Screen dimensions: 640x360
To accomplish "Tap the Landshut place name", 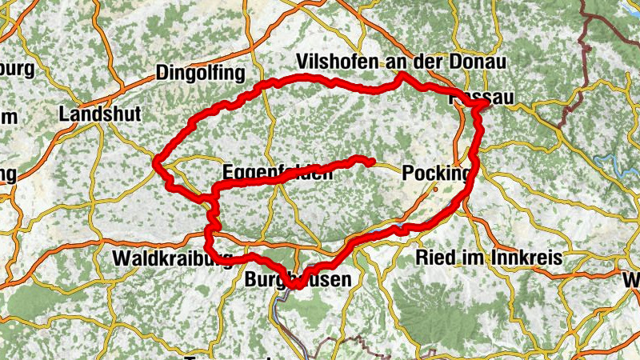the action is tap(100, 114).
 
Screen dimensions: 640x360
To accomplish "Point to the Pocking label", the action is tap(437, 173).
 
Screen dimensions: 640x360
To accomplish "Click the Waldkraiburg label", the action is tap(173, 258).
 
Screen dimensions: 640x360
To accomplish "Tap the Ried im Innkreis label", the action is tap(490, 258).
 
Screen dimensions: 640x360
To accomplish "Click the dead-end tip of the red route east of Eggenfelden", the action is tap(372, 162).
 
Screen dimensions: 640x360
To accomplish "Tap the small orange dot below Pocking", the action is tap(435, 190).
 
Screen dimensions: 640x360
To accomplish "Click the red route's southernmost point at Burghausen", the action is tap(296, 285).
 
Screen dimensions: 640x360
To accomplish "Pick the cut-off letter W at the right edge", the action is tap(632, 281).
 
